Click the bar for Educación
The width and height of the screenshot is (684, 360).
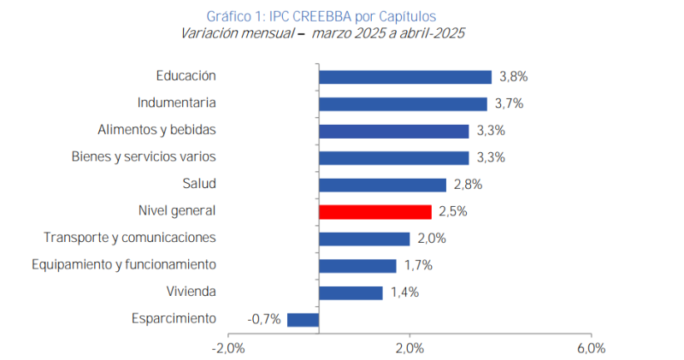[404, 77]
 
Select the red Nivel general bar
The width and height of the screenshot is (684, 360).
[374, 212]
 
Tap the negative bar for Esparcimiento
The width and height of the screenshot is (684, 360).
[303, 320]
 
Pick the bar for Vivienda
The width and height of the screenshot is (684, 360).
[351, 292]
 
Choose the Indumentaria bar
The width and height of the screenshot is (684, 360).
[403, 103]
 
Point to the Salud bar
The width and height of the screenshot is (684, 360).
[382, 185]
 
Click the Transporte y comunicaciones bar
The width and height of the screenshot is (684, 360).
[364, 239]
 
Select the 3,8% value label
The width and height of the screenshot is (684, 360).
[513, 77]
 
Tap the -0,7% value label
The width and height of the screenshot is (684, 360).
[264, 320]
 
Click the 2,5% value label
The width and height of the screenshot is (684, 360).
[452, 212]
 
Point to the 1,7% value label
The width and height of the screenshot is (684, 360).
[418, 266]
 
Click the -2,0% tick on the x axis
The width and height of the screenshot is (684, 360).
[228, 348]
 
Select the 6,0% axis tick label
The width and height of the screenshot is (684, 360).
[591, 348]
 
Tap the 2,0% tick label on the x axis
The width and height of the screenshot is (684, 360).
[410, 348]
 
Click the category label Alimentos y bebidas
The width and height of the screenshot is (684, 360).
[156, 130]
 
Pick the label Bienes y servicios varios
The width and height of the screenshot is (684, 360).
[143, 157]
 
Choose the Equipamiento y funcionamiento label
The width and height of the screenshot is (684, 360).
[123, 265]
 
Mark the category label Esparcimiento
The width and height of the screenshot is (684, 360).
[174, 319]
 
